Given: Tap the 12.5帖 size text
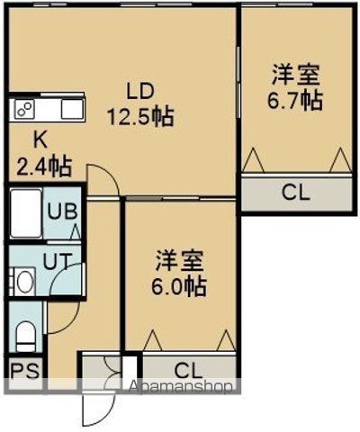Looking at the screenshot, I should [x=141, y=115].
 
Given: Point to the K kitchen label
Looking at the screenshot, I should [x=40, y=139].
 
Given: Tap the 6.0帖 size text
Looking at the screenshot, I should [x=180, y=287].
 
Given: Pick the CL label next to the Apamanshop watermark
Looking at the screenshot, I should [x=187, y=369].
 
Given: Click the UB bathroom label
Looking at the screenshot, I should [x=61, y=213].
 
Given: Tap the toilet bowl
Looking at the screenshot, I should [x=24, y=337].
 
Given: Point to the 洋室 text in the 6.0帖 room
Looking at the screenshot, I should [x=179, y=263].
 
